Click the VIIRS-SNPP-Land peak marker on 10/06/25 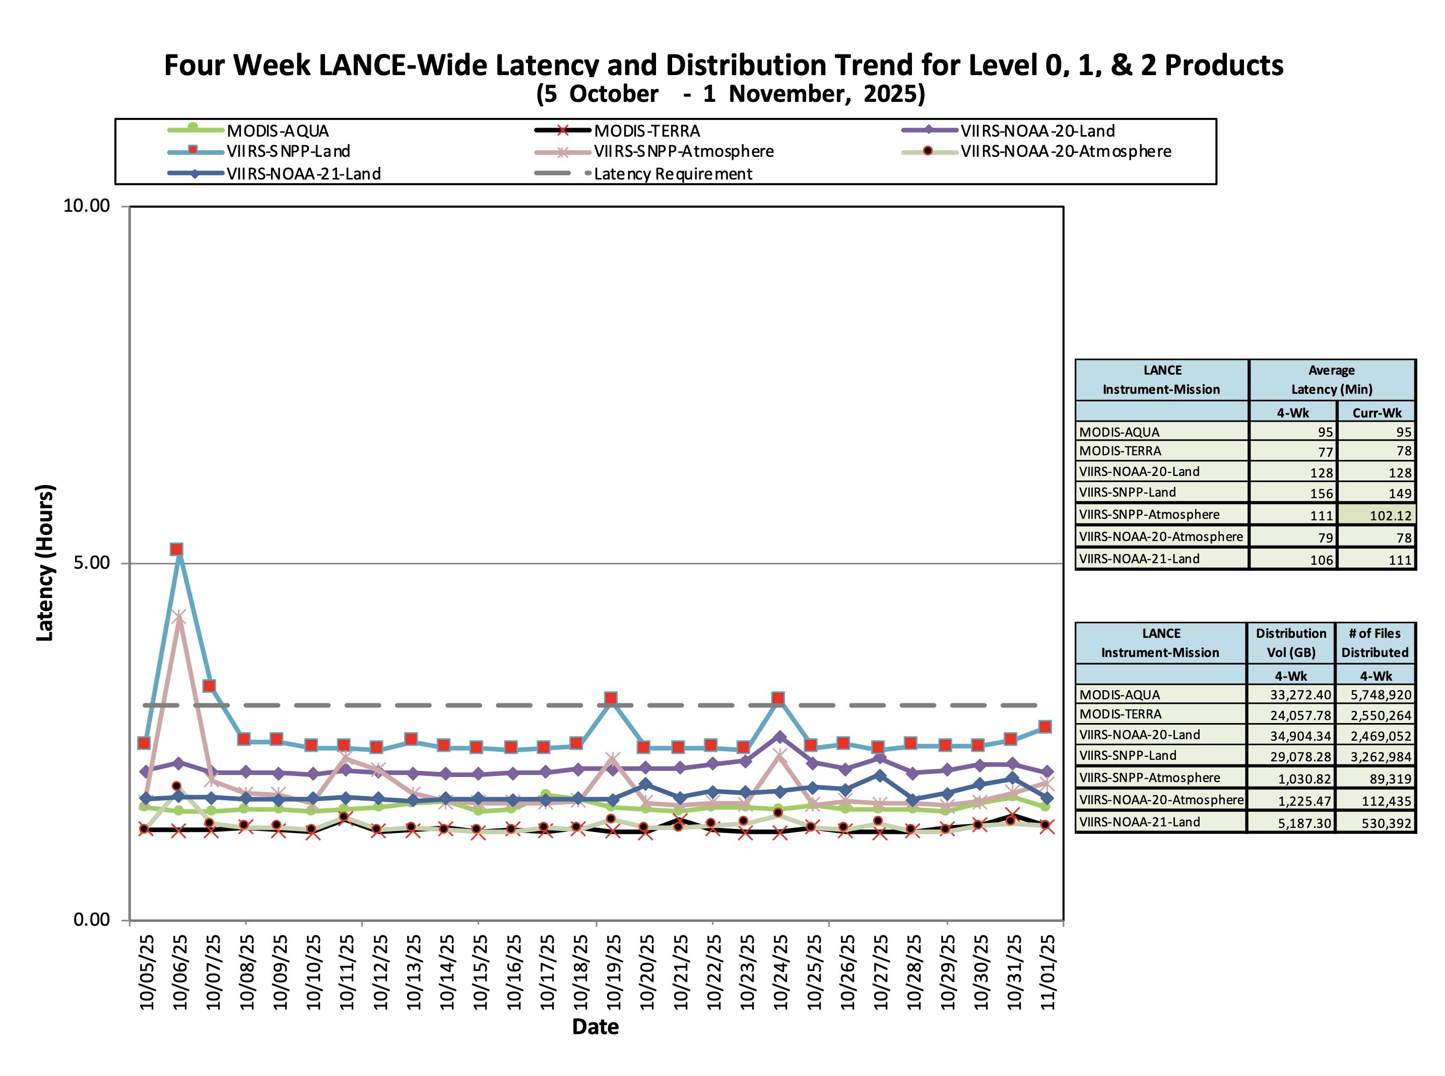tap(176, 549)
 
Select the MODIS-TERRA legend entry tap(646, 131)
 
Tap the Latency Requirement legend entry tap(673, 174)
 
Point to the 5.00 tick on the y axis tap(91, 563)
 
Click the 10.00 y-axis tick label tap(87, 206)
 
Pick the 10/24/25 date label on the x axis tap(781, 972)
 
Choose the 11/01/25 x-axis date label tap(1048, 972)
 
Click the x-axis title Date tap(595, 1027)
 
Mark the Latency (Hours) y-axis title tap(45, 563)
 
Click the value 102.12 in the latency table tap(1390, 516)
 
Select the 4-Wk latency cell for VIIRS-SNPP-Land tap(1322, 494)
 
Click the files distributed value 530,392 tap(1387, 823)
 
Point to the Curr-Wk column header tap(1376, 413)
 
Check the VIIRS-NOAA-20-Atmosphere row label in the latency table tap(1160, 536)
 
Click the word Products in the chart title tap(1224, 65)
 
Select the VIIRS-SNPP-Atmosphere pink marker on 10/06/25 tap(179, 617)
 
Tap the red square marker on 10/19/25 tap(611, 698)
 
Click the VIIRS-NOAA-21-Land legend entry tap(303, 174)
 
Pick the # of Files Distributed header tap(1374, 643)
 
